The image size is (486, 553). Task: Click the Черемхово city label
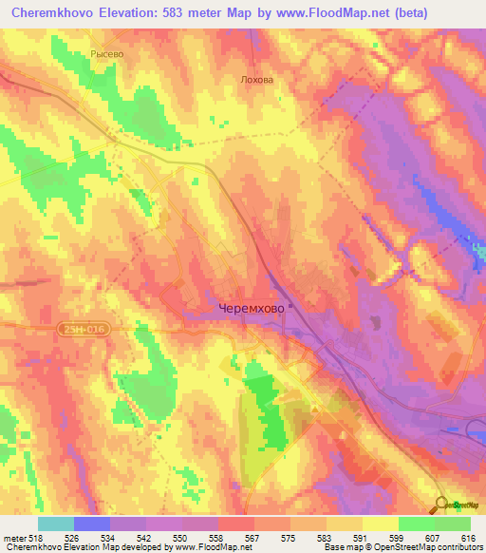(251, 309)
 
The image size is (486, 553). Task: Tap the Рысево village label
(107, 54)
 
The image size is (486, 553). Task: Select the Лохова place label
(256, 80)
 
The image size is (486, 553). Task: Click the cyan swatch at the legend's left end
(56, 524)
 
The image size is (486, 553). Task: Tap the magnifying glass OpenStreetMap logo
(443, 505)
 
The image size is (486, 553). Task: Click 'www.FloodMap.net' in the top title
(313, 13)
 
